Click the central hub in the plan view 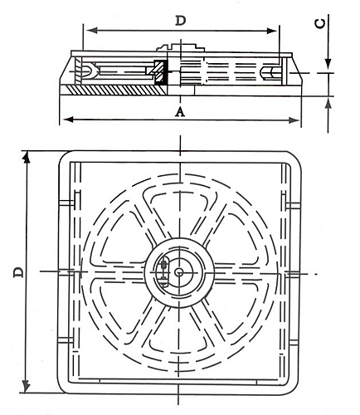[x=179, y=271]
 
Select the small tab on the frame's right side [x=295, y=203]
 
